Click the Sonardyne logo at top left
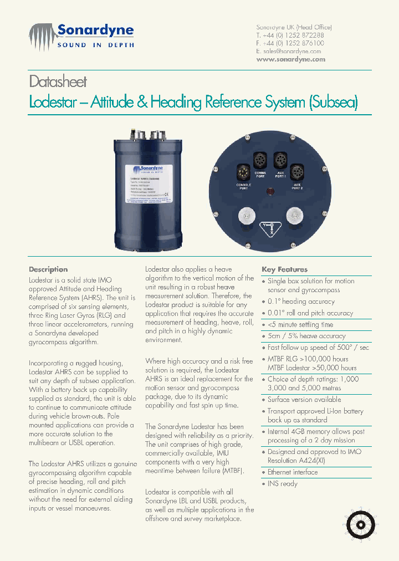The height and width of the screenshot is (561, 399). click(x=81, y=35)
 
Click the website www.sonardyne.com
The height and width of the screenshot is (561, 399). click(x=290, y=59)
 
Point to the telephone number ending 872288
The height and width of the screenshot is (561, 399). click(x=294, y=35)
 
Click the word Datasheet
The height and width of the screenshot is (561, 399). click(x=58, y=82)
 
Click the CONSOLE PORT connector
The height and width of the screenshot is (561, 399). click(x=243, y=171)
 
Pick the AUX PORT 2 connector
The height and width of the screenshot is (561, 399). click(x=297, y=171)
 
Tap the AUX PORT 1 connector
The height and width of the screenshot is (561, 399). click(x=280, y=160)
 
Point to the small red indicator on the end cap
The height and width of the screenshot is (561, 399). click(x=270, y=192)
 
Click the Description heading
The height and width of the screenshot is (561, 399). click(x=48, y=269)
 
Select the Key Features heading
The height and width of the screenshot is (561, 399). click(x=284, y=269)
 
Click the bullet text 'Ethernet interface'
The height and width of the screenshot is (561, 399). click(x=293, y=472)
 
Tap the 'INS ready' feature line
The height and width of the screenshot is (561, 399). click(x=283, y=484)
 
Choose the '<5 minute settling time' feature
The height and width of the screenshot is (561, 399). click(x=300, y=324)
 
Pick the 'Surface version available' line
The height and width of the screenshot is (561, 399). click(x=304, y=400)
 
